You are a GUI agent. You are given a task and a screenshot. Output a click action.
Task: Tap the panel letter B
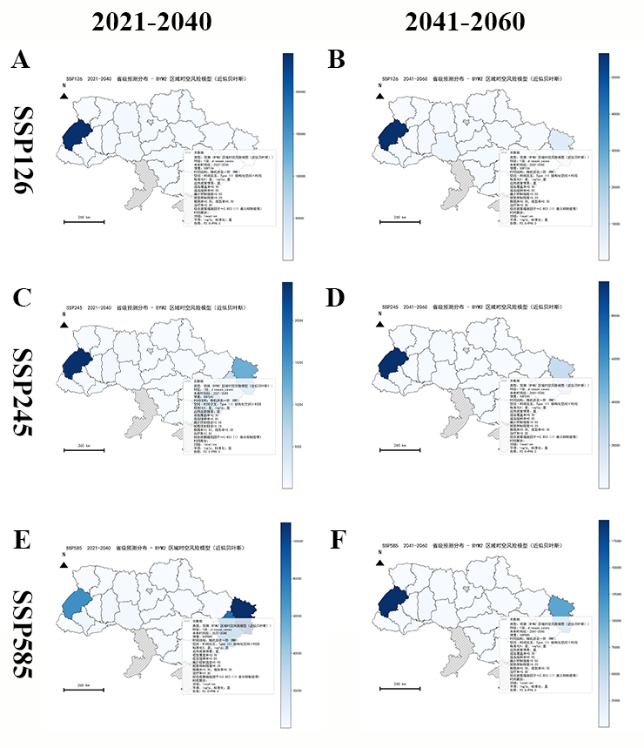coord(336,60)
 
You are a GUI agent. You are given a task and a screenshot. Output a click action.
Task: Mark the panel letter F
coord(336,540)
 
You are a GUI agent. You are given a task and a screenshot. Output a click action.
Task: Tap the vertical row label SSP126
coord(26,151)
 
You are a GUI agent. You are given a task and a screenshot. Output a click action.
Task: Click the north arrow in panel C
coord(64,325)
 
